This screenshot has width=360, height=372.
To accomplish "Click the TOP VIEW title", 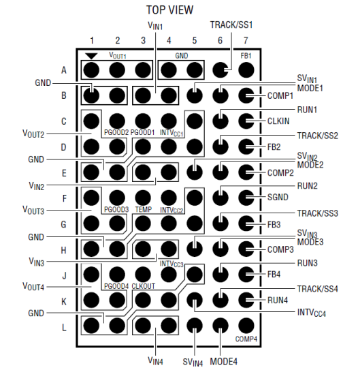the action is click(169, 10).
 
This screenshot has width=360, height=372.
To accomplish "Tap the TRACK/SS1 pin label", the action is click(231, 25).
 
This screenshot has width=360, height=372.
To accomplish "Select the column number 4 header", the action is click(169, 41).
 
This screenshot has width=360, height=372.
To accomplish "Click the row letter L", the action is click(64, 328).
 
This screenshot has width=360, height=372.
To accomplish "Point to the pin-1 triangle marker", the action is click(91, 57).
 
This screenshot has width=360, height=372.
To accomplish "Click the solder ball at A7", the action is click(246, 70).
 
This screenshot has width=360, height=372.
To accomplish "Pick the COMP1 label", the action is click(280, 96).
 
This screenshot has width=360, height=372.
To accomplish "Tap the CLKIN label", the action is click(278, 121).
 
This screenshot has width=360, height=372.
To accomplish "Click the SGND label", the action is click(278, 197).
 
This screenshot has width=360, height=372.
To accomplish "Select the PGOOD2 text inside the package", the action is click(116, 132).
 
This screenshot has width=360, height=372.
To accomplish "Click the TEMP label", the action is click(144, 209).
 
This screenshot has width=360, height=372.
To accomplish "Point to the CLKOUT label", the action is click(143, 286).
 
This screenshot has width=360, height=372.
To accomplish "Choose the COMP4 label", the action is click(246, 339).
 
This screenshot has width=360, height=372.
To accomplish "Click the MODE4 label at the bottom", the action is click(223, 362).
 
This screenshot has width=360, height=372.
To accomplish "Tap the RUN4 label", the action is click(278, 300).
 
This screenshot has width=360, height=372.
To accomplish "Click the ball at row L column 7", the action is click(246, 326).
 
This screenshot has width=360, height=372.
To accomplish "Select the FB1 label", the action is click(246, 56).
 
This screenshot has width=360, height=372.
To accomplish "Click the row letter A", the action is click(64, 70).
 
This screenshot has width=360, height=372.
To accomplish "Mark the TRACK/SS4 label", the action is click(318, 289).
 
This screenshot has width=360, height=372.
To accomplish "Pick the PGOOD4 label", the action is click(116, 286).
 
